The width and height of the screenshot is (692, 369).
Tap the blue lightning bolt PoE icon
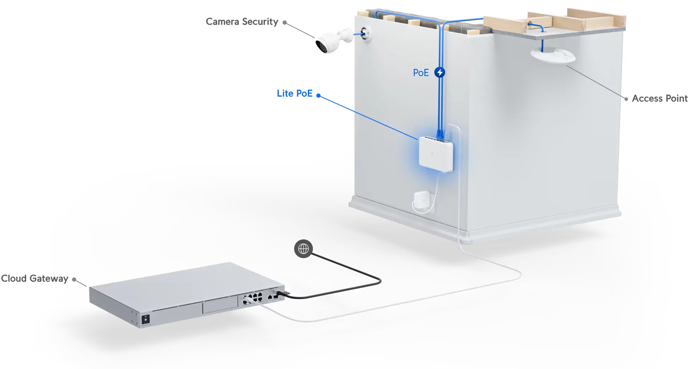tap(440, 73)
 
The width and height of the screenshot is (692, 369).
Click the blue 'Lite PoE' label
tap(295, 94)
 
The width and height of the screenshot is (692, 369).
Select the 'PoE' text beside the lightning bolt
tap(421, 73)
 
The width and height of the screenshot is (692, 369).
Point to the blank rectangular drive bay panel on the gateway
tap(219, 306)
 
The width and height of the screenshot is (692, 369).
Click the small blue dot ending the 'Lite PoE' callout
tap(318, 95)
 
